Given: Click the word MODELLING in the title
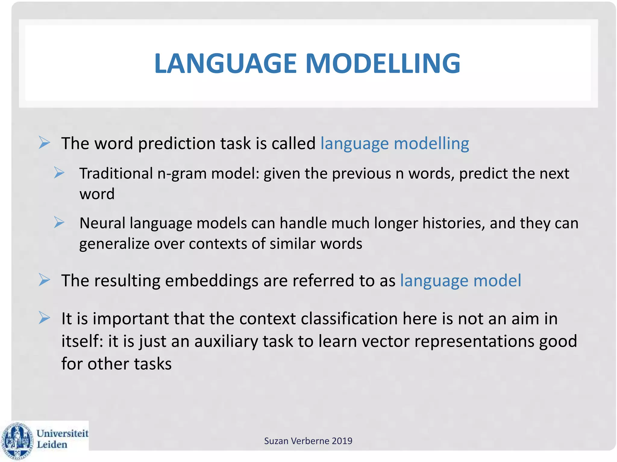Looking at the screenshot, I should [383, 63].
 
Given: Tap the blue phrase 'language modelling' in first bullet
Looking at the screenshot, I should [395, 143].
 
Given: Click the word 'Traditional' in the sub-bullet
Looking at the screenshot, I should [116, 174].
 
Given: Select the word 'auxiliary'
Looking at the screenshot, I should [226, 341].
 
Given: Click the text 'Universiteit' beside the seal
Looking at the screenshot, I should [62, 433].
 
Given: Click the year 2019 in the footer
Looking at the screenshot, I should [342, 441].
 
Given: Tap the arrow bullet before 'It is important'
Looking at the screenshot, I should [44, 318].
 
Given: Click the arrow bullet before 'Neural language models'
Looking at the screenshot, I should [59, 223].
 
